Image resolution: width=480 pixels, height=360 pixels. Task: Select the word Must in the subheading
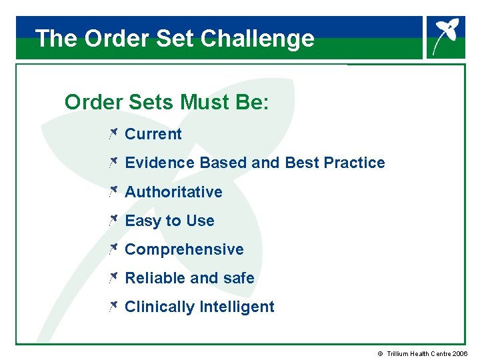(201, 103)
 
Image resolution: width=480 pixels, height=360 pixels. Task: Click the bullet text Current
(153, 134)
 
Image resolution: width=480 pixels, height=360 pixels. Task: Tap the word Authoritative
(173, 192)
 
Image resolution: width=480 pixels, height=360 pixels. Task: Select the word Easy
(143, 221)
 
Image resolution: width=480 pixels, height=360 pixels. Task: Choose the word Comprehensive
(184, 250)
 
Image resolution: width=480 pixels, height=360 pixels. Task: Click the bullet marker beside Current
(113, 134)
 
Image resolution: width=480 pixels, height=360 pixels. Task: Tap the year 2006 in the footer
(460, 353)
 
